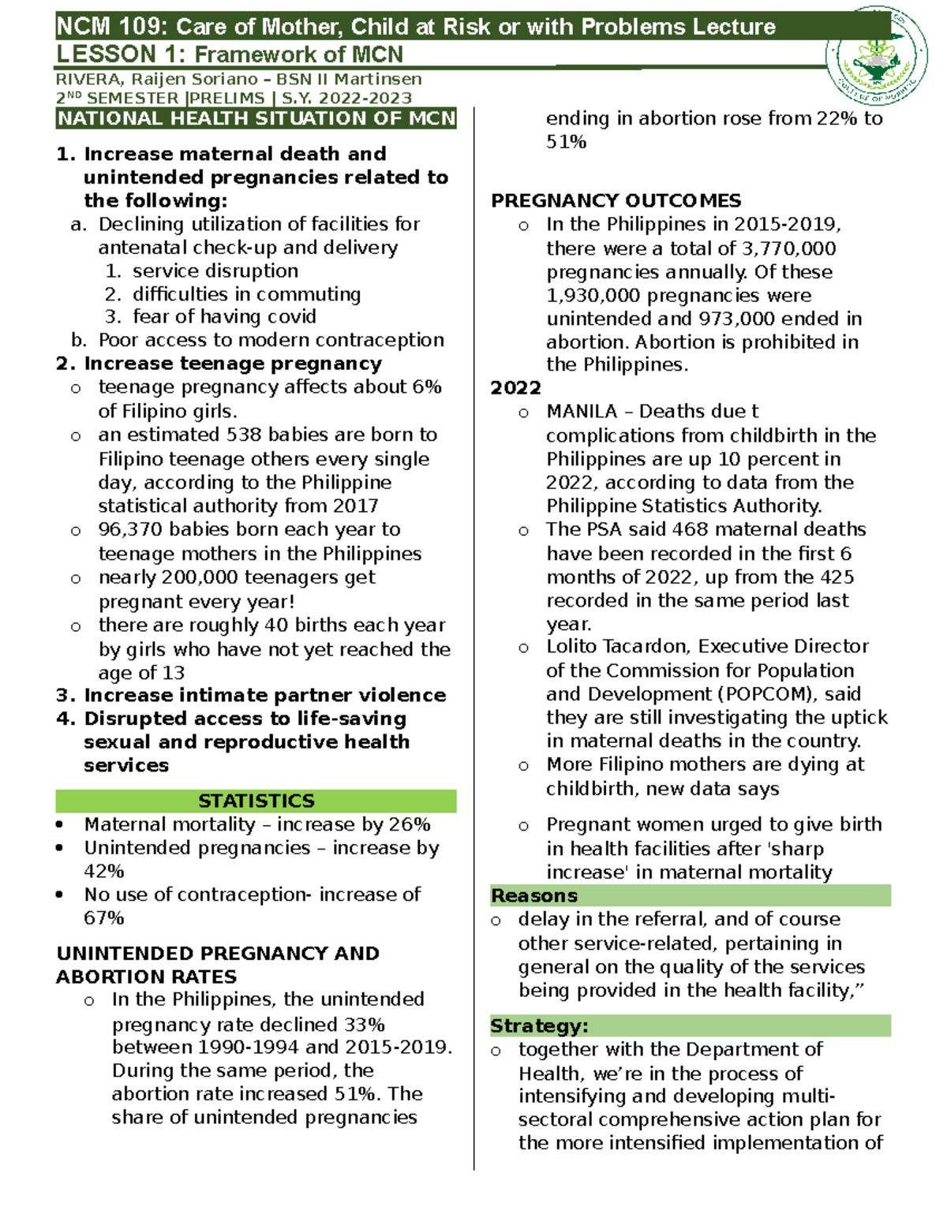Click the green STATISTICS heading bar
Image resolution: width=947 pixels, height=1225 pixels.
256,801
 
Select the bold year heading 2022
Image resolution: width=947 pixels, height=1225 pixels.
515,388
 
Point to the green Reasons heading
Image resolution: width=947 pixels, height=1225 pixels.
534,896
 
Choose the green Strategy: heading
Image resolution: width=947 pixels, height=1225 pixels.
539,1026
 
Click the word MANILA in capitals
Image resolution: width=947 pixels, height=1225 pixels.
582,412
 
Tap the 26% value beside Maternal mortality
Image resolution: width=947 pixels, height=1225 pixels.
410,824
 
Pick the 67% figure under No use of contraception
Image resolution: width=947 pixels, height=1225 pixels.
104,918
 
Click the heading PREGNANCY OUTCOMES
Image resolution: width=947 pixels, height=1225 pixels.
616,201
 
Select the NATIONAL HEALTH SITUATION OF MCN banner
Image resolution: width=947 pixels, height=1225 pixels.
256,119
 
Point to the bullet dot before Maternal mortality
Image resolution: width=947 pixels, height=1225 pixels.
60,825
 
